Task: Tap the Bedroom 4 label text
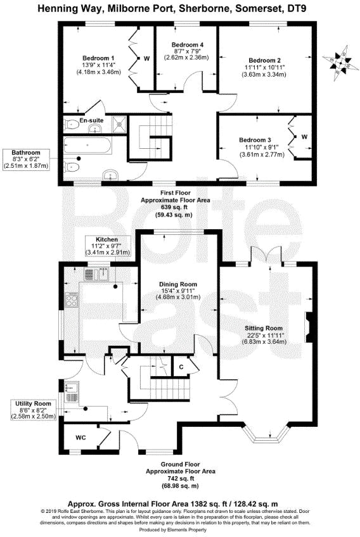[188, 44]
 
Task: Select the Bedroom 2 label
[266, 60]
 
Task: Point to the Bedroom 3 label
[255, 139]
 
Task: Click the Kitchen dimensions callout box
[108, 244]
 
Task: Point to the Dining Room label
[179, 284]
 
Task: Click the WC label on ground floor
[80, 438]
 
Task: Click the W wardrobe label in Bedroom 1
[146, 59]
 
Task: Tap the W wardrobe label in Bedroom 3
[304, 136]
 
